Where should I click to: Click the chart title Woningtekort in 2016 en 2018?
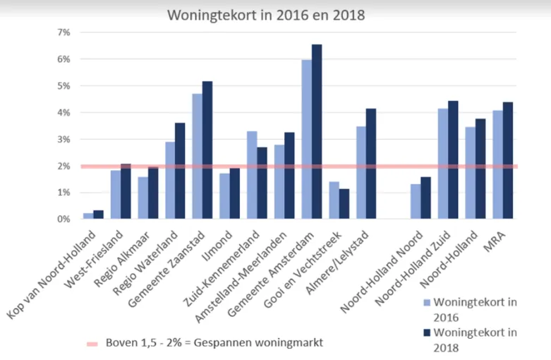point(266,14)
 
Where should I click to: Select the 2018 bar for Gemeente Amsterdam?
point(317,132)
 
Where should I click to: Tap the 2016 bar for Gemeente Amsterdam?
point(306,140)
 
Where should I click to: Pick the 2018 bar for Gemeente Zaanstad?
point(207,150)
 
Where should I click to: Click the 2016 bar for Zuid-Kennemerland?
point(252,175)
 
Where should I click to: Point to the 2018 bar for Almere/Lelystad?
point(371,164)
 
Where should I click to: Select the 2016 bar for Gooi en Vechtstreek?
point(334,200)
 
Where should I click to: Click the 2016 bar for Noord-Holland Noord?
point(416,202)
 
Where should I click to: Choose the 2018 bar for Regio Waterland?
point(180,171)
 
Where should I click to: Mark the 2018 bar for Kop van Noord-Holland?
point(98,215)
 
